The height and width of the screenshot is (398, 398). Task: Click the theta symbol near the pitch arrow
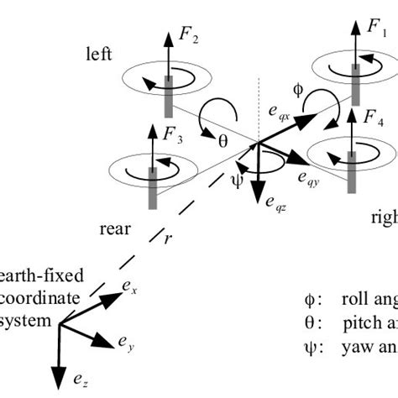click(223, 141)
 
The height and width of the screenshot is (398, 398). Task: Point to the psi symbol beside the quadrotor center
click(237, 178)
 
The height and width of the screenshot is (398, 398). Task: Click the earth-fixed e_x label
click(128, 288)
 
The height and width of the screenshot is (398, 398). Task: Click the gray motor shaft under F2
click(168, 92)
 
